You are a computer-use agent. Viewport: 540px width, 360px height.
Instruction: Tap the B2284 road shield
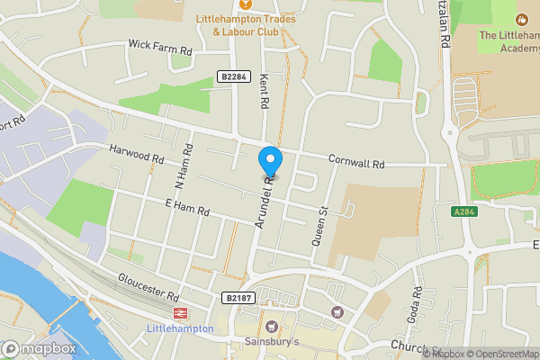click(232, 77)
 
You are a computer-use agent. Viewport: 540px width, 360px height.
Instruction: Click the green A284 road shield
click(463, 211)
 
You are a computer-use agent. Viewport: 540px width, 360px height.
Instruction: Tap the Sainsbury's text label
click(272, 342)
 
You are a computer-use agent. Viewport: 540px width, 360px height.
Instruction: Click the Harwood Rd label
click(136, 154)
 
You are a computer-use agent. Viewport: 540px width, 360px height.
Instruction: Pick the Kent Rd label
click(265, 91)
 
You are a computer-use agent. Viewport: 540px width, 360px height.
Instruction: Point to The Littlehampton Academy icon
click(522, 19)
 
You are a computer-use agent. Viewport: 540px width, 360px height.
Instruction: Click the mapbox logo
click(39, 348)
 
